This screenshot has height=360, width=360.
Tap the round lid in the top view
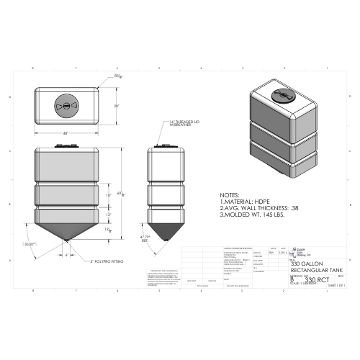pyautogui.click(x=66, y=105)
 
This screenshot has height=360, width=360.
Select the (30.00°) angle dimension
pyautogui.click(x=29, y=245)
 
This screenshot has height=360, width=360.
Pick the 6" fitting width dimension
pyautogui.click(x=67, y=256)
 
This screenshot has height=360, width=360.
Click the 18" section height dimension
pyautogui.click(x=109, y=195)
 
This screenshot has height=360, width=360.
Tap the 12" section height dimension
pyautogui.click(x=109, y=215)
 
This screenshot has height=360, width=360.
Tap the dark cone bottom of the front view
pyautogui.click(x=66, y=230)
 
